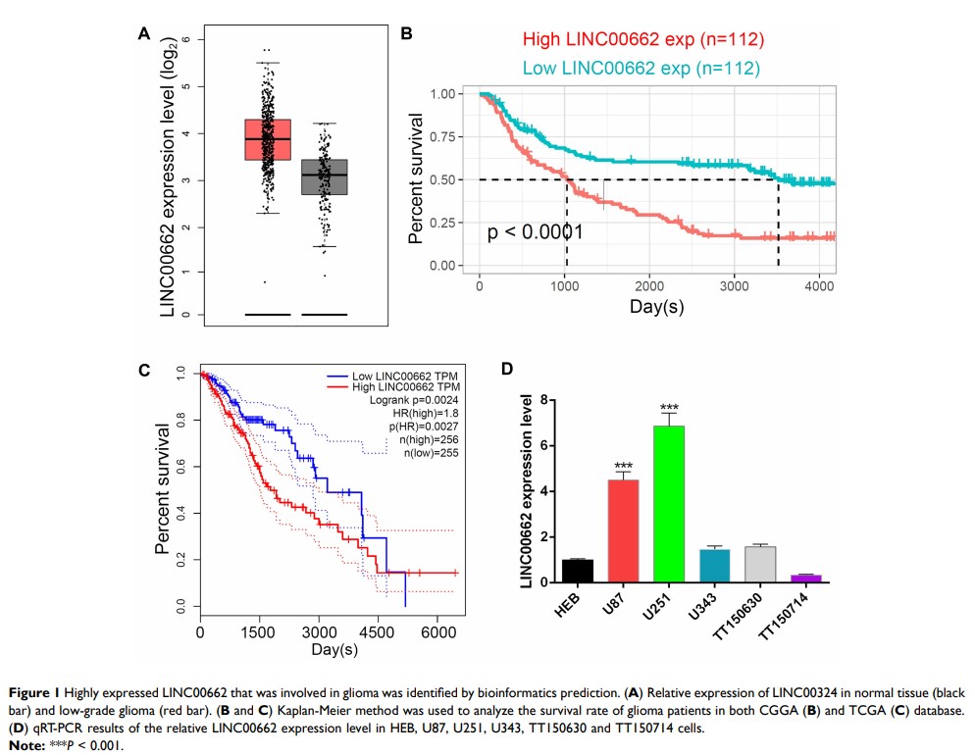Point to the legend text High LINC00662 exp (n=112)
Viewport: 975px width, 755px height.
(642, 40)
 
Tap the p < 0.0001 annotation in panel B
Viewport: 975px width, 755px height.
(537, 232)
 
